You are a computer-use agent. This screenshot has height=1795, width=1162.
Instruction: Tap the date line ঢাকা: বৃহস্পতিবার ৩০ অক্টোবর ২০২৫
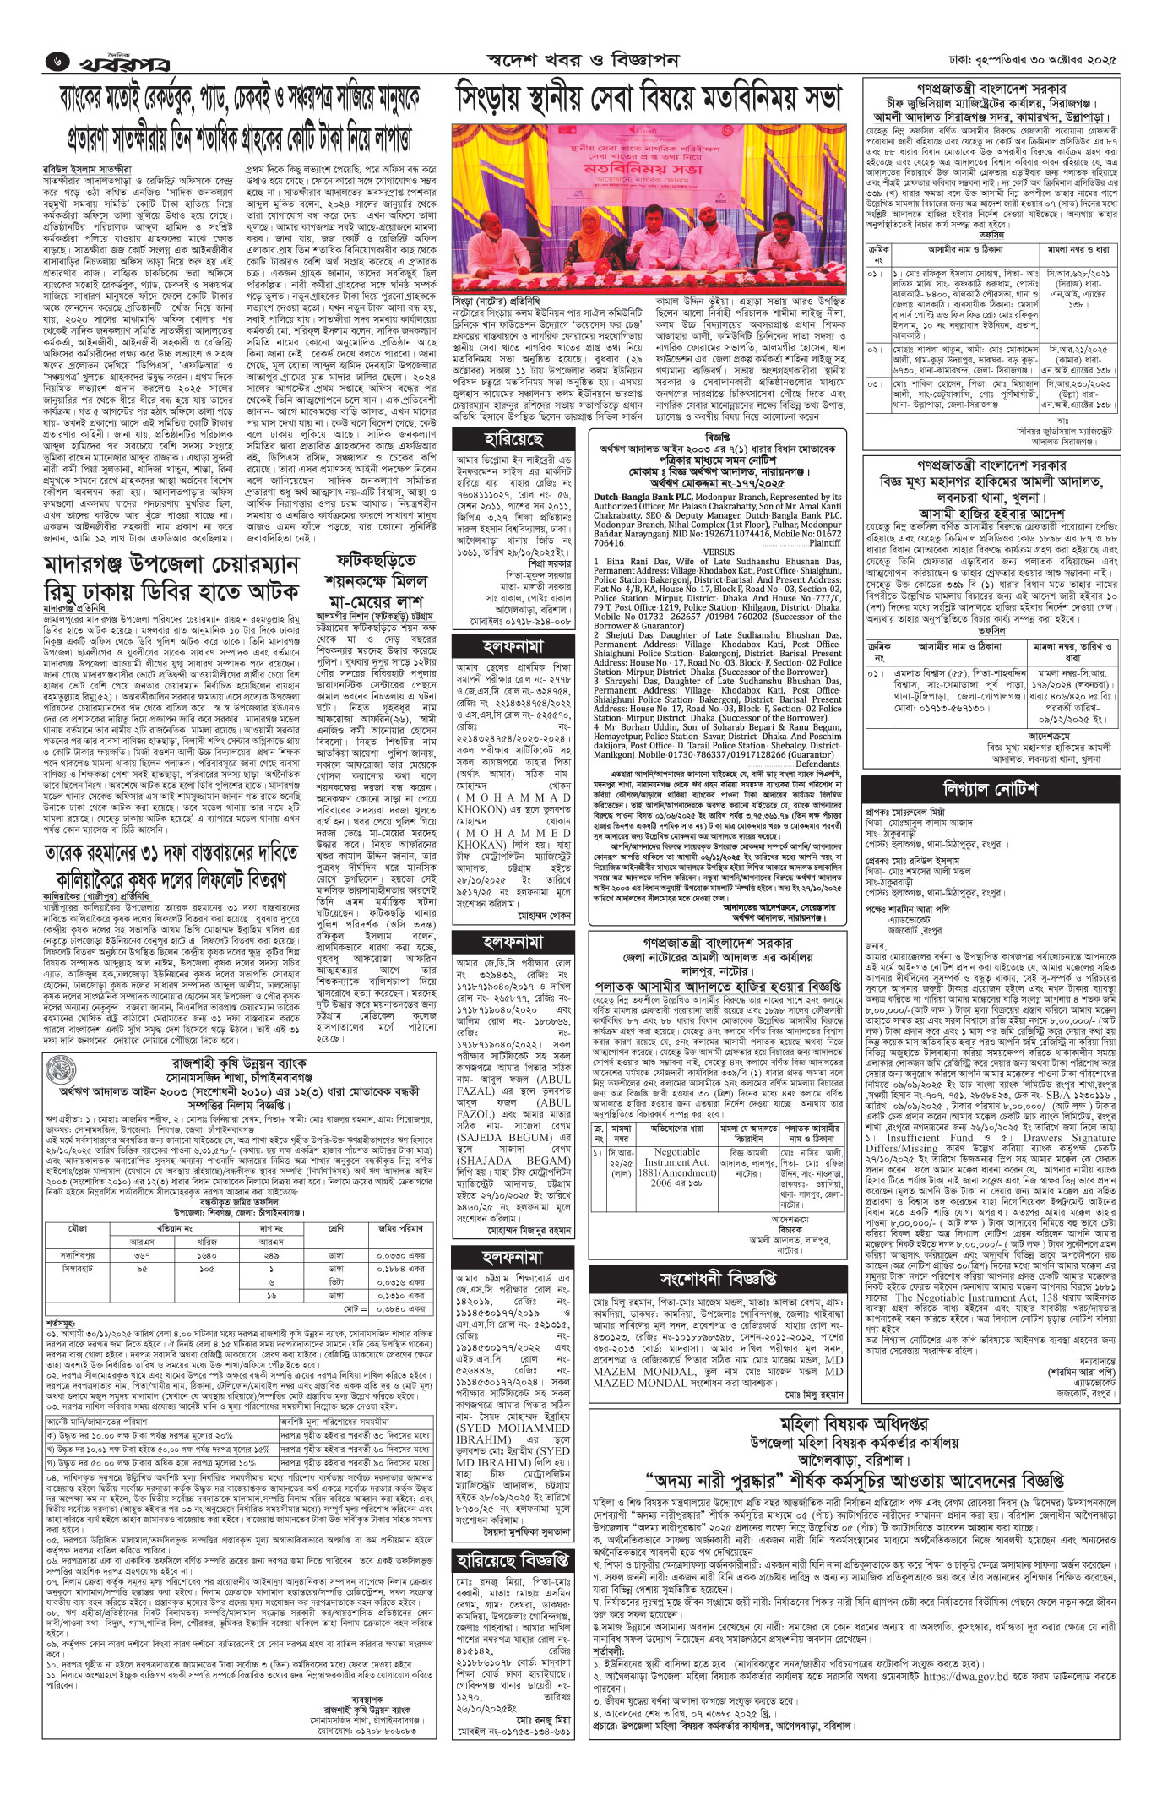[x=1032, y=61]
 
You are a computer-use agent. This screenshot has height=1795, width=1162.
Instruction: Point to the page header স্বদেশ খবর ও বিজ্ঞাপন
[x=583, y=61]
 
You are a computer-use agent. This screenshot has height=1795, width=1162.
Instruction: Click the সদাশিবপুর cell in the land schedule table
[x=78, y=1255]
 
